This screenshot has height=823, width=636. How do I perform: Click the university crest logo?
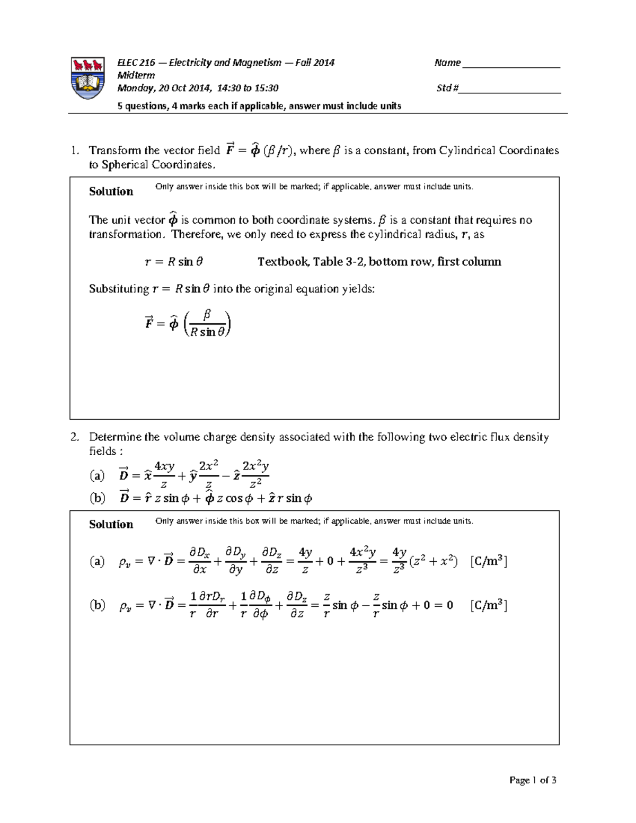(x=87, y=77)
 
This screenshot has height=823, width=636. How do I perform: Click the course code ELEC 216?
(x=136, y=63)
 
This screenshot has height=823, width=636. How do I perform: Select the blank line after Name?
(x=511, y=64)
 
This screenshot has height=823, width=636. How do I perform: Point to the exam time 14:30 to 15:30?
(x=246, y=88)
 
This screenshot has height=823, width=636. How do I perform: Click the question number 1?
(x=75, y=151)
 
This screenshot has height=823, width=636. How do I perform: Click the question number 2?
(x=75, y=437)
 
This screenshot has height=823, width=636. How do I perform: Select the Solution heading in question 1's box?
(x=111, y=191)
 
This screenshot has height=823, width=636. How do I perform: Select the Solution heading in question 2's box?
(x=111, y=524)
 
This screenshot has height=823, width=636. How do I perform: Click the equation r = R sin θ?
(x=174, y=262)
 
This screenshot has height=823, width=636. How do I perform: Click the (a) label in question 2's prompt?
(x=97, y=475)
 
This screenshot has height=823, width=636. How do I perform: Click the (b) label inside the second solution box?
(x=97, y=605)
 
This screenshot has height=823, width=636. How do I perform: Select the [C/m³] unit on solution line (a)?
(x=489, y=561)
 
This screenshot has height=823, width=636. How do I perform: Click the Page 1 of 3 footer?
(x=533, y=780)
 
